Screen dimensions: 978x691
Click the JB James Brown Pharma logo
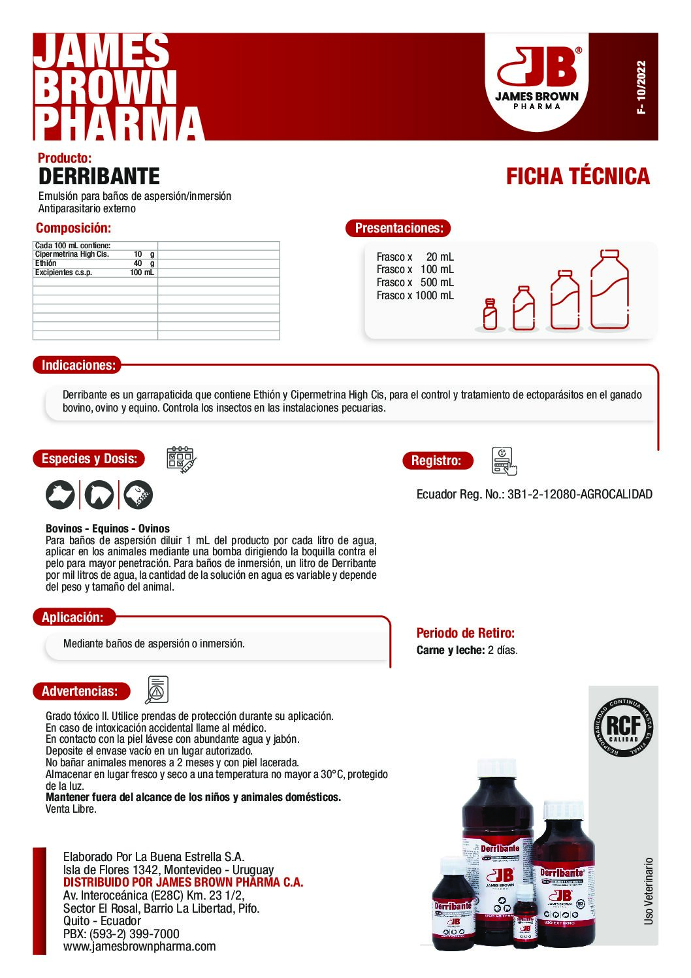[x=537, y=78]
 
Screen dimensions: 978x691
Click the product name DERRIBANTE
[x=99, y=176]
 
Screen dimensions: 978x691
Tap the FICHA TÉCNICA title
[x=577, y=176]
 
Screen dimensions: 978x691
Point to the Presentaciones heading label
[x=398, y=228]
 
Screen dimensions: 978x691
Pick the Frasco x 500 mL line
[x=415, y=282]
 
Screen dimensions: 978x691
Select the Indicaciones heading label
[x=78, y=365]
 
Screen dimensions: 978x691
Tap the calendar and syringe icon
[x=181, y=460]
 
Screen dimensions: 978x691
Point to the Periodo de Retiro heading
[x=465, y=633]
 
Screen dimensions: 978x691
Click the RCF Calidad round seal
[x=623, y=728]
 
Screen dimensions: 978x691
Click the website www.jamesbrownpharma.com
[x=139, y=947]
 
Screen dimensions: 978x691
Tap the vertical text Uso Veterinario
[x=648, y=891]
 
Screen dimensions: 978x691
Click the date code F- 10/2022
[x=641, y=88]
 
